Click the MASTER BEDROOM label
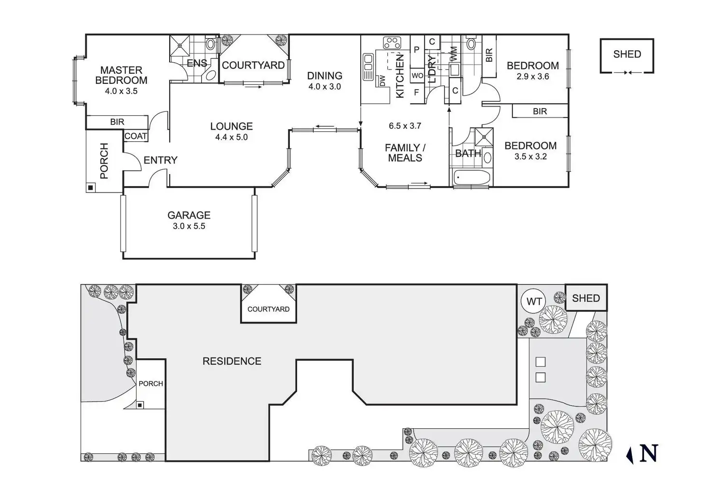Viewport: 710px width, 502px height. pos(122,75)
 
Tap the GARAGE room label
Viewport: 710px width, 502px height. pos(189,215)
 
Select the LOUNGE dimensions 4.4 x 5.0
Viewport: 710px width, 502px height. pos(232,137)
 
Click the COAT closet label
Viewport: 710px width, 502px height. pos(136,136)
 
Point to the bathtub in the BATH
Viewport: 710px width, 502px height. pos(472,178)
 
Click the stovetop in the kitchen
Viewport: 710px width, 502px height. pos(392,43)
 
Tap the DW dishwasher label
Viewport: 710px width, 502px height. pos(382,81)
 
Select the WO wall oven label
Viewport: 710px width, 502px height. pos(417,76)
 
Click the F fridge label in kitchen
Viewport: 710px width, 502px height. pos(416,92)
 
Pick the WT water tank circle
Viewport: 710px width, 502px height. pos(534,301)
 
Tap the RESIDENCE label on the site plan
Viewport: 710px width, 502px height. pos(232,361)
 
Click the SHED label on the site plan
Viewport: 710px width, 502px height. pos(586,298)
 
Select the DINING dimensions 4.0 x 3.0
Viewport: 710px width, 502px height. pos(325,86)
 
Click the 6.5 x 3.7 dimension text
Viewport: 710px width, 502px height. pos(405,126)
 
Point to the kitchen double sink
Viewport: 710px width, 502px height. pos(368,63)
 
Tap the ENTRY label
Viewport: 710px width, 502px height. pos(161,160)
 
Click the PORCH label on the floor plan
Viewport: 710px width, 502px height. pos(104,161)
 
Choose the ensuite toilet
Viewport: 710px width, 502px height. pos(210,43)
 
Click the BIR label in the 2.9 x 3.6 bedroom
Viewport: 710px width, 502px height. pos(489,55)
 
